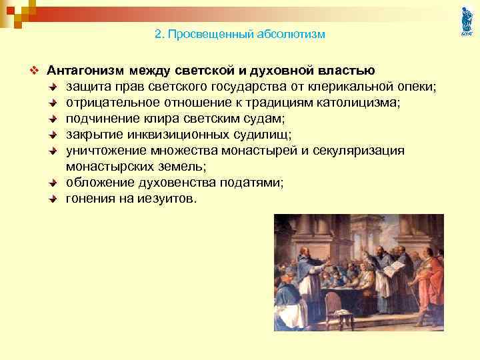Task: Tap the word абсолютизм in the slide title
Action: [289, 34]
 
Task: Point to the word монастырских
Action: [108, 167]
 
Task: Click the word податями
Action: [253, 183]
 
